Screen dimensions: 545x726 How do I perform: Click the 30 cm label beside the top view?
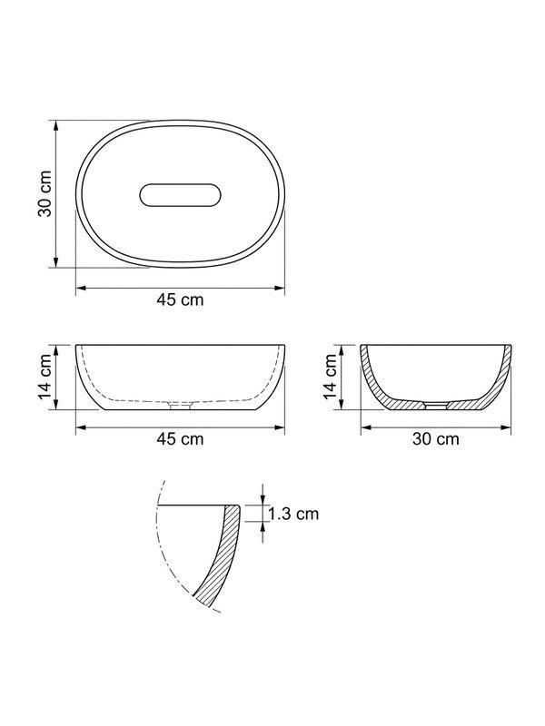click(x=45, y=194)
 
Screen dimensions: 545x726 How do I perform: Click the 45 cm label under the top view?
click(x=180, y=299)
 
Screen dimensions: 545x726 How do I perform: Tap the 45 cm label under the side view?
click(x=180, y=438)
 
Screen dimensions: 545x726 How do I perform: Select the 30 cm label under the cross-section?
click(x=436, y=438)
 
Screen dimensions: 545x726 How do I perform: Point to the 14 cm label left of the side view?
click(x=45, y=377)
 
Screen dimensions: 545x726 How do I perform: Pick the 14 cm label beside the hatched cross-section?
click(x=330, y=377)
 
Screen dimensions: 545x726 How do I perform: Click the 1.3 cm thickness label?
click(x=293, y=514)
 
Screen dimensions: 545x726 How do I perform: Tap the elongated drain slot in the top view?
click(x=180, y=195)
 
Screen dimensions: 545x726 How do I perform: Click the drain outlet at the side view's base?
click(x=180, y=406)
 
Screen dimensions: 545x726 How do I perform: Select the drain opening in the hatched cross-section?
click(x=436, y=406)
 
